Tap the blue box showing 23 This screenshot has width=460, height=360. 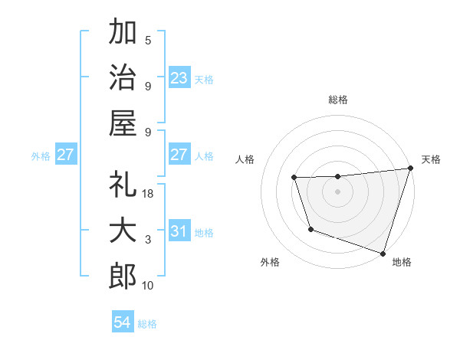179,78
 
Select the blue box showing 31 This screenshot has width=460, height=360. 179,232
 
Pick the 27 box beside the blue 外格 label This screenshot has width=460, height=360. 66,155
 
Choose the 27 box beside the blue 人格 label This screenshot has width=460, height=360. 179,155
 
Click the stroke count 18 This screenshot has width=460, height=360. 149,194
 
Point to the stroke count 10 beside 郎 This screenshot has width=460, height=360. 149,286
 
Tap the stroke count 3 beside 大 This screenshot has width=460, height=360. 148,240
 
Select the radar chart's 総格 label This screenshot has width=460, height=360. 337,100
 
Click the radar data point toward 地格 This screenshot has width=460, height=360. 383,252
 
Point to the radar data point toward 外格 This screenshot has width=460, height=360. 310,229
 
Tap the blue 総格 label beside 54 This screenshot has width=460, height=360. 147,324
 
